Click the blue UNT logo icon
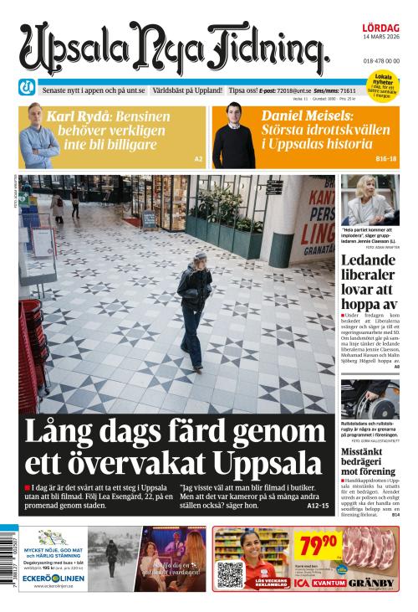[x=27, y=88]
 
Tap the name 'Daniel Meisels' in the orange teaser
[x=304, y=116]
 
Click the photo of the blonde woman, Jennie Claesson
[x=370, y=199]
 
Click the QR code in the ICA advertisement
[x=229, y=574]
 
